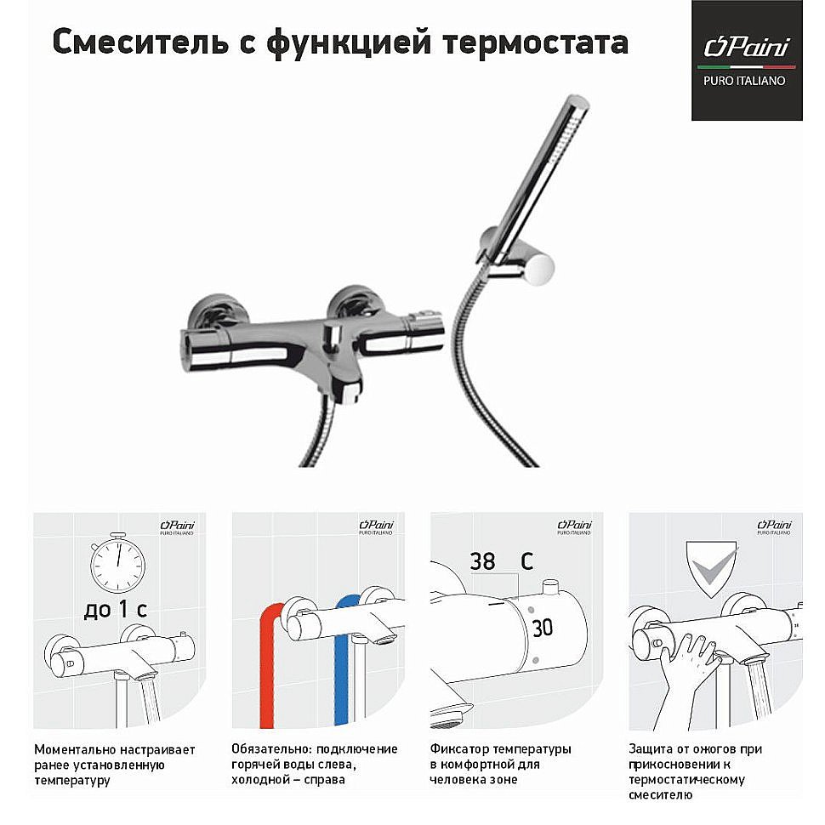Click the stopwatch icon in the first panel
118,562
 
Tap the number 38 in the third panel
482,562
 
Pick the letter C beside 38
526,562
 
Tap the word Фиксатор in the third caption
458,749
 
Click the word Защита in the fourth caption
652,749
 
